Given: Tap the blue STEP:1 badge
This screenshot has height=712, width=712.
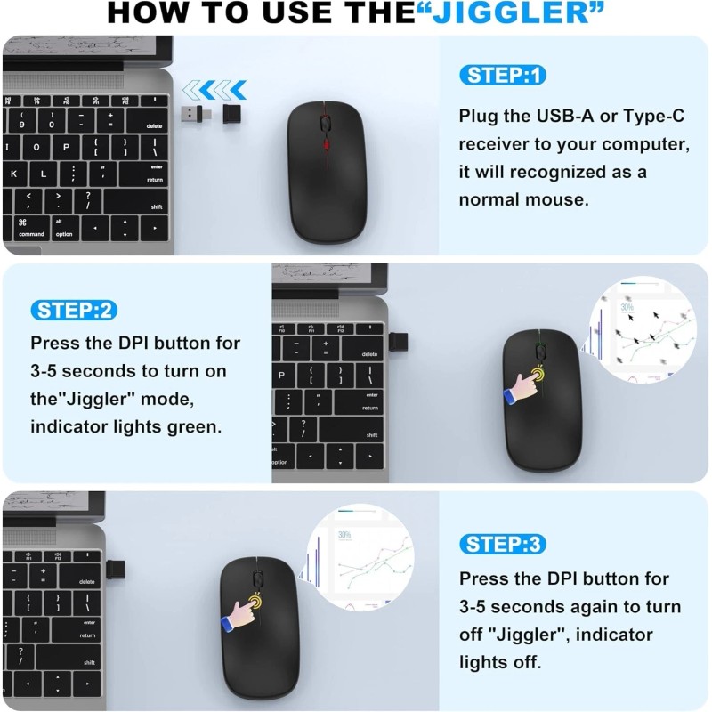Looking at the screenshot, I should [x=502, y=75].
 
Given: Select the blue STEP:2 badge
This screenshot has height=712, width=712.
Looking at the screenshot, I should [x=76, y=310].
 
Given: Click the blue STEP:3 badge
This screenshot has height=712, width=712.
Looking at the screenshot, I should [x=503, y=544].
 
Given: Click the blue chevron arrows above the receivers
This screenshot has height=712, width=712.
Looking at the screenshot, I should [x=214, y=89].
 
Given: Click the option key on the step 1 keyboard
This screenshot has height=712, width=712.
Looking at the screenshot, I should [x=64, y=229].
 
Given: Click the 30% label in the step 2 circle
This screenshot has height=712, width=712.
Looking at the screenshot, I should [x=627, y=308].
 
